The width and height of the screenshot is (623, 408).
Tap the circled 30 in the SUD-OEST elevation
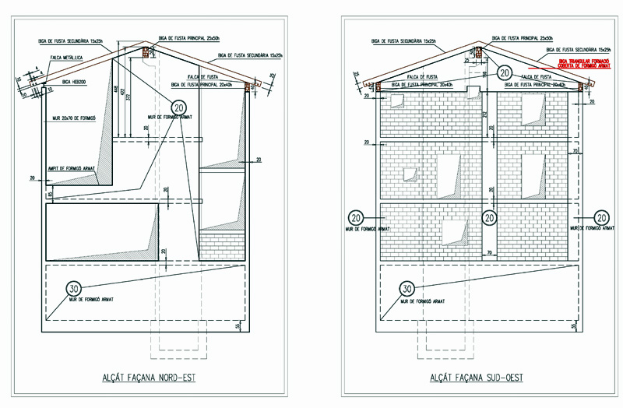click(407, 289)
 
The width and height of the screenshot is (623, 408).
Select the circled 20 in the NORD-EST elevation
click(180, 107)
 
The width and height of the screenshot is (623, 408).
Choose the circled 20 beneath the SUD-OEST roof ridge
click(505, 72)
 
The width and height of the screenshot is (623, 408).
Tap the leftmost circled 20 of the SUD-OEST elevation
click(355, 217)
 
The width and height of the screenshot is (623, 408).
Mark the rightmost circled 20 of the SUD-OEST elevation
click(600, 217)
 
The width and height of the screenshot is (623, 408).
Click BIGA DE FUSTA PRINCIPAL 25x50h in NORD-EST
click(187, 37)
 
